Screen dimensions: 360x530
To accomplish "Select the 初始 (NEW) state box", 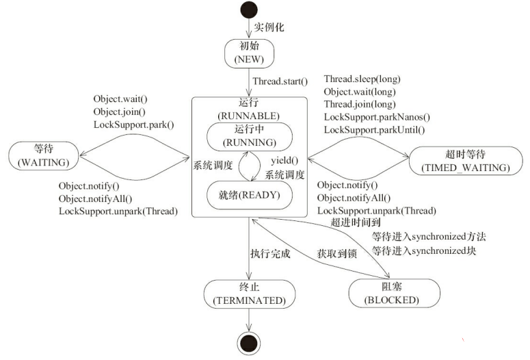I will [x=249, y=53].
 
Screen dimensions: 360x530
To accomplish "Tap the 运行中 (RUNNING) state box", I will [x=249, y=136].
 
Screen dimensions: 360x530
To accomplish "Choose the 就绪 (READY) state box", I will [x=249, y=194].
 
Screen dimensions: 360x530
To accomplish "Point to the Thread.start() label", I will [x=280, y=81].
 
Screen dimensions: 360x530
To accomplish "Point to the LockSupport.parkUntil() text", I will [x=373, y=129].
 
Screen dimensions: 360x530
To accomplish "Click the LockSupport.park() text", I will [x=134, y=124].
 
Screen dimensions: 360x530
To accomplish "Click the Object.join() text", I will [x=120, y=112].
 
